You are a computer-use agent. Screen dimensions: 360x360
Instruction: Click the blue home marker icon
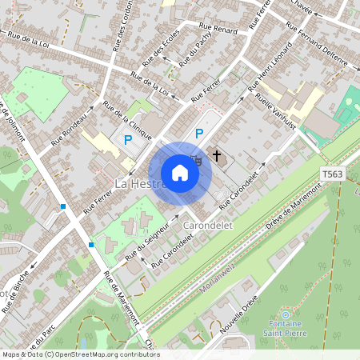coord(180,172)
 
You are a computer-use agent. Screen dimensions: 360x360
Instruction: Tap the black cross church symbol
coord(216,152)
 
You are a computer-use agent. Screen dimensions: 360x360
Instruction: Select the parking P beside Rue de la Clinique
coord(127,139)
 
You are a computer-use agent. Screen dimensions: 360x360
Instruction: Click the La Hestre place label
coord(134,183)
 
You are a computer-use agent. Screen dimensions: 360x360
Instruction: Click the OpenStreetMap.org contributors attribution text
coord(109,354)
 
